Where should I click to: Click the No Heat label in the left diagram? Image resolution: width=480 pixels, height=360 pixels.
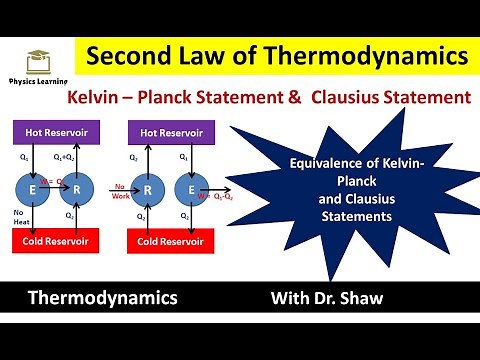19,217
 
